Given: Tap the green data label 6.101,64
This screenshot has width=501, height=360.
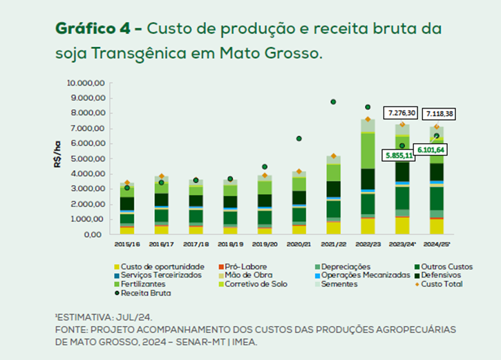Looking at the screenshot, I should coord(431,150).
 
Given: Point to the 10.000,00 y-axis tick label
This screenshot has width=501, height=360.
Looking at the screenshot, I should coord(85,83).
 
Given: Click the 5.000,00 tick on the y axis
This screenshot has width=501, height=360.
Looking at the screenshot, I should coord(87,159).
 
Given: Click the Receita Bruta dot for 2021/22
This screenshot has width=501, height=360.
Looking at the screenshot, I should coord(333,102).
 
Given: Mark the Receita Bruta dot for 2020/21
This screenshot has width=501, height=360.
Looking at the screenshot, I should coord(299,139).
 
